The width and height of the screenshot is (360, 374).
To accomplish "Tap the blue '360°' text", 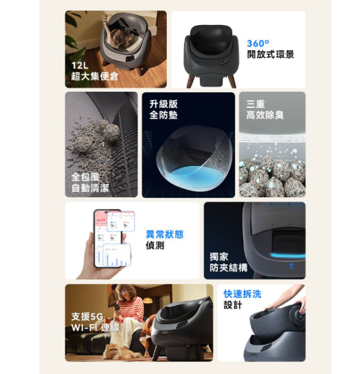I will point(259,44).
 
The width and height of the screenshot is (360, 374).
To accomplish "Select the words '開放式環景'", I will point(270,55).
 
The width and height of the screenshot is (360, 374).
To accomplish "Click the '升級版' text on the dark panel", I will point(163,104).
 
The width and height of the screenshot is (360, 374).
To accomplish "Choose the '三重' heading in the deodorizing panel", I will point(256,104).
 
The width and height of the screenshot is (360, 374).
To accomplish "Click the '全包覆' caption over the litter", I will point(85,177).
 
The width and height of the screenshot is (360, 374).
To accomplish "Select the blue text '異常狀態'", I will point(164,234).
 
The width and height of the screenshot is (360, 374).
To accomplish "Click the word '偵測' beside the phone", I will point(155,246).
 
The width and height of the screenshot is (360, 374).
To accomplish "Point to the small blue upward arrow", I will point(291,264).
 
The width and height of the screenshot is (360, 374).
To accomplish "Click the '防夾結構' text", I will point(228,267).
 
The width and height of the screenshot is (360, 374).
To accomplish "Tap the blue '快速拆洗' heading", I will point(242,294).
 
